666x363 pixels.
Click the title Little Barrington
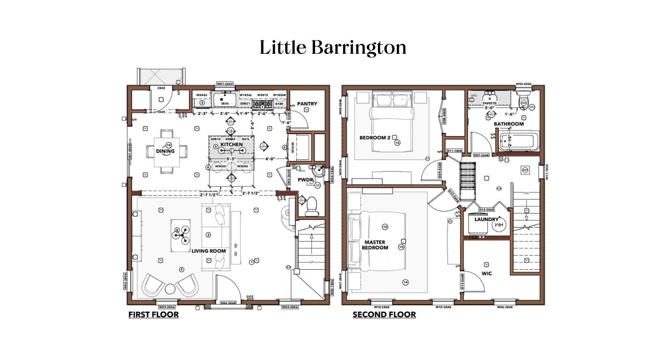[333, 47]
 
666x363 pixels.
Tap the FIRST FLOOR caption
[153, 315]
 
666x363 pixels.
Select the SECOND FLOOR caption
[384, 315]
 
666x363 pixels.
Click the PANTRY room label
[306, 104]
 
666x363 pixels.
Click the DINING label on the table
[165, 151]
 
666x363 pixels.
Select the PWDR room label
[305, 180]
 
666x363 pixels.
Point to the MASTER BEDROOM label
[375, 244]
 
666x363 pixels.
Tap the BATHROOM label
[509, 124]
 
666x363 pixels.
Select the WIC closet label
[487, 273]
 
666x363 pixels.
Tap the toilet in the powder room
[311, 205]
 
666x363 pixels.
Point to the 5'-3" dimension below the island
[231, 159]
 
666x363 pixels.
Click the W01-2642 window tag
[225, 84]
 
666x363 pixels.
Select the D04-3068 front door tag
[228, 303]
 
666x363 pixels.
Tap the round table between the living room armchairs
[170, 289]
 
